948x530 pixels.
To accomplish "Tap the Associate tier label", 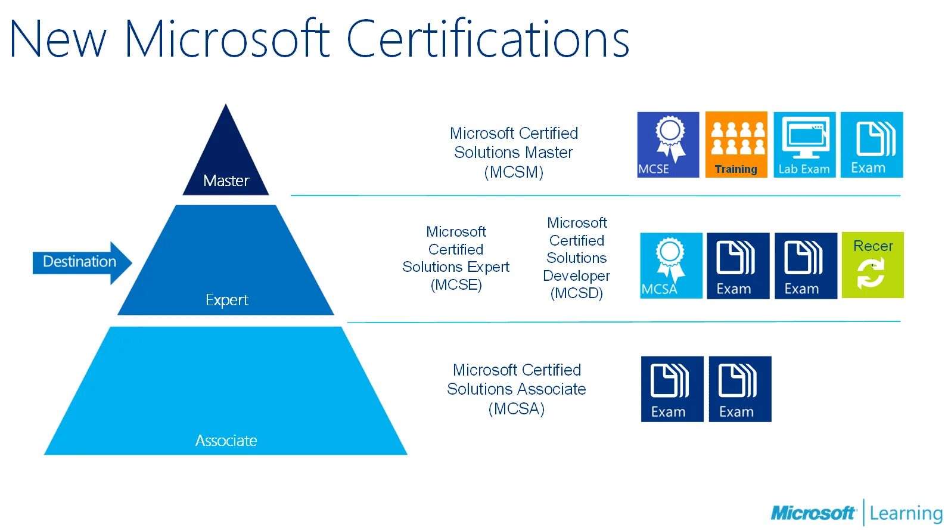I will pos(226,441).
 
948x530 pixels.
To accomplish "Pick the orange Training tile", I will pos(736,145).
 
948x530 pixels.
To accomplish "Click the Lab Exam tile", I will pos(804,145).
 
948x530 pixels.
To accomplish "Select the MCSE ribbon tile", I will pos(668,145).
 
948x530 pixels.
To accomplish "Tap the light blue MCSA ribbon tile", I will pos(671,265).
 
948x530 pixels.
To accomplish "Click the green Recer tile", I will pos(872,265).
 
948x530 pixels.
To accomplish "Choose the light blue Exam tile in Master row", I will pos(872,145).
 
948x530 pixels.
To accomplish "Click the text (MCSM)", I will pos(514,172).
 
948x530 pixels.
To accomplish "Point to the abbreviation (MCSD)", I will pos(576,293).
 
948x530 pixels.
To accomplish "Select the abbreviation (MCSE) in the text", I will pos(456,285).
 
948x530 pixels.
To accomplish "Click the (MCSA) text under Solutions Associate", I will pos(516,409).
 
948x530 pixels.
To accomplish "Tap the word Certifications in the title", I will pos(487,39).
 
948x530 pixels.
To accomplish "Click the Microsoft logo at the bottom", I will pos(813,513).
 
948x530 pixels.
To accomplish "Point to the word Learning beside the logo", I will pos(906,513).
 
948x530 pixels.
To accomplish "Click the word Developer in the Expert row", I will pos(576,276).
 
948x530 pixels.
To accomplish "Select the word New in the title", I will pos(58,39).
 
